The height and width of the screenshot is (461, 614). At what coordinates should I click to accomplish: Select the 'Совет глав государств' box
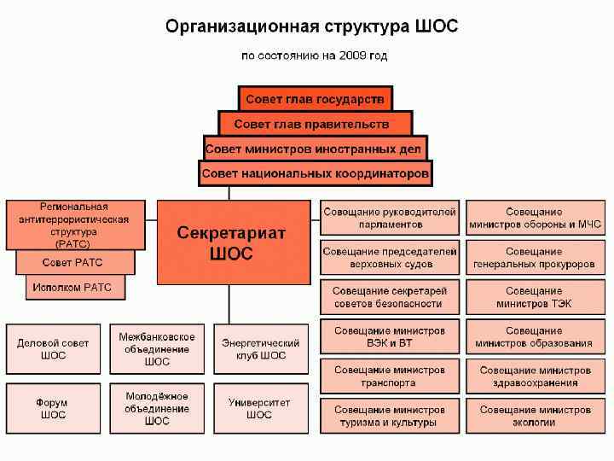[x=315, y=99]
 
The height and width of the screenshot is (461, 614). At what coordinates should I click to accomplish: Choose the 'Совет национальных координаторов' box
[x=315, y=174]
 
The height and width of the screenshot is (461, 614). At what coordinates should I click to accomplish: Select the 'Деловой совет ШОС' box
[x=53, y=349]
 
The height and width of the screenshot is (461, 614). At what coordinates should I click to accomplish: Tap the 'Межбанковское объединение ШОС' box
[x=157, y=349]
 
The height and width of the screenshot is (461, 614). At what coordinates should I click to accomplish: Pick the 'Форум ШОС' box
[x=53, y=408]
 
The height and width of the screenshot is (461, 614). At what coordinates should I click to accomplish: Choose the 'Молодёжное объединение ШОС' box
[x=157, y=408]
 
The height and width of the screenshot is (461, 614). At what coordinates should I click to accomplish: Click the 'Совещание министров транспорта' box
[x=389, y=376]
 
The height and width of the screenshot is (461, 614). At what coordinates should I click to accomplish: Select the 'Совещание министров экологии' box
[x=535, y=416]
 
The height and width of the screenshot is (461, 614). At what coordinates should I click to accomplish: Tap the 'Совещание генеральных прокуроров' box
[x=535, y=258]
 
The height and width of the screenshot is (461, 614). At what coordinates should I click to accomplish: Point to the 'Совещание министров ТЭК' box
[x=535, y=297]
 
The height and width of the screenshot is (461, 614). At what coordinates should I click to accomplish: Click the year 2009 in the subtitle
[x=351, y=56]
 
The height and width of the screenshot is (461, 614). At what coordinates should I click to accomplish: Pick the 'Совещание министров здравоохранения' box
[x=535, y=376]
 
